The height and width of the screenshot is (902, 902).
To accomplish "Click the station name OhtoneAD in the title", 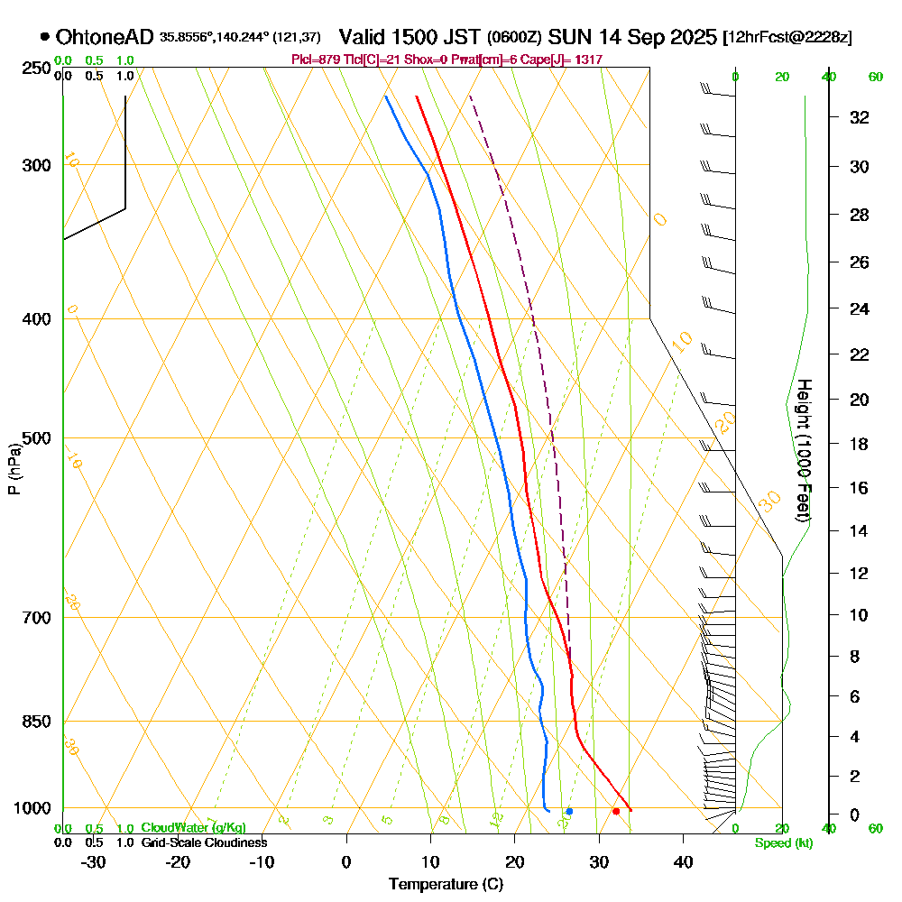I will coord(106,37).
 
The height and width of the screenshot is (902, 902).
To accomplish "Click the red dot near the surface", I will coord(616,811).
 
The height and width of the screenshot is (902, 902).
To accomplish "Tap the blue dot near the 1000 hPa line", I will coord(569,812).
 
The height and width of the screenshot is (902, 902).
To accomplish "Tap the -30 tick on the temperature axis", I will coord(94,861).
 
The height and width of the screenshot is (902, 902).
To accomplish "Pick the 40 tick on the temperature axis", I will coord(683,861).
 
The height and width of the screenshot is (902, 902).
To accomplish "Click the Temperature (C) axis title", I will coord(446,884).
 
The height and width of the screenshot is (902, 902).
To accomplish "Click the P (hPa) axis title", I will coord(14,469).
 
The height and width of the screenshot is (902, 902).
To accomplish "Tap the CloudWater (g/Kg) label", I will coord(193,828).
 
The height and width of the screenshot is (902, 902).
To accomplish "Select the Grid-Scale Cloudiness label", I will coord(203,842).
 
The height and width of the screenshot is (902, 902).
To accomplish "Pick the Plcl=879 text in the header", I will coord(315,60).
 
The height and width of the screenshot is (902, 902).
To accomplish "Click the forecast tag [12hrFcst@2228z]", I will coord(787,38).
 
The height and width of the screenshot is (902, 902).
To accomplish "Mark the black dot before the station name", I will coord(45,37).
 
